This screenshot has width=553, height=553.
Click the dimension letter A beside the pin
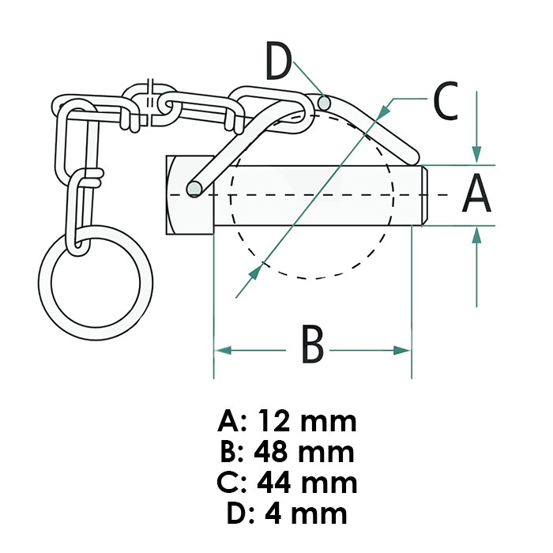[x=477, y=195]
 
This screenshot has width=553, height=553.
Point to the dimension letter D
[x=279, y=63]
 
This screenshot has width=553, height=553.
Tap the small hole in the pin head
[x=192, y=187]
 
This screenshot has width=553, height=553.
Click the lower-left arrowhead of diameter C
[x=255, y=272]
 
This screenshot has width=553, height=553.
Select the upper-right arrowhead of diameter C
[x=385, y=108]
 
